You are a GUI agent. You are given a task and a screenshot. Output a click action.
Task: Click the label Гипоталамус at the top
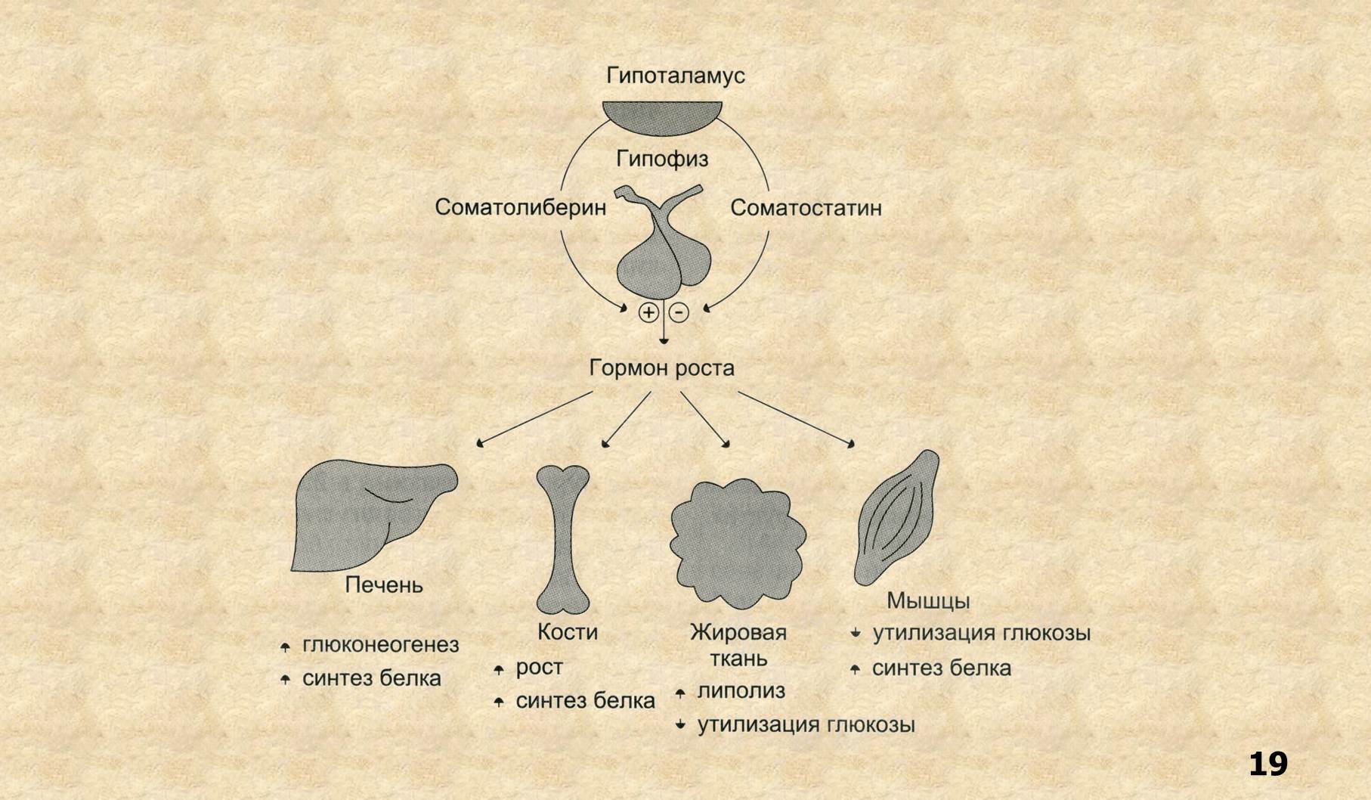click(x=675, y=76)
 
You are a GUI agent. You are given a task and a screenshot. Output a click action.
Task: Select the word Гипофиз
click(x=662, y=159)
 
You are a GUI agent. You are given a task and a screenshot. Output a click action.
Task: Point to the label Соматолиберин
click(x=520, y=208)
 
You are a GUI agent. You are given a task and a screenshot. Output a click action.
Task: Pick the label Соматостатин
click(x=806, y=208)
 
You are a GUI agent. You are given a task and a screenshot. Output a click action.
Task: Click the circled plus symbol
click(x=648, y=312)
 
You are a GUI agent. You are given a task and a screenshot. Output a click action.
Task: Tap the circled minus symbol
click(x=679, y=312)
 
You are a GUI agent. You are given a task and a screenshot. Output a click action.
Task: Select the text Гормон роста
click(x=661, y=368)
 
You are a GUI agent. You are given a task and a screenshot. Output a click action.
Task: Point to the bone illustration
click(x=563, y=537)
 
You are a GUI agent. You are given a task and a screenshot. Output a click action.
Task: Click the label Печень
click(x=384, y=585)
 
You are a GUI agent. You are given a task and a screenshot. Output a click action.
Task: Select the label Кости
click(x=567, y=632)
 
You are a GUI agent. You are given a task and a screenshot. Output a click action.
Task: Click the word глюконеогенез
click(x=380, y=645)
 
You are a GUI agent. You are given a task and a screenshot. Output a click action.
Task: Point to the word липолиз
click(x=741, y=690)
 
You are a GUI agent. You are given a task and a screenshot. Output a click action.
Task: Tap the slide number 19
click(x=1267, y=764)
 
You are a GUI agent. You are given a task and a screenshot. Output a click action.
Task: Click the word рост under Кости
click(x=539, y=668)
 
